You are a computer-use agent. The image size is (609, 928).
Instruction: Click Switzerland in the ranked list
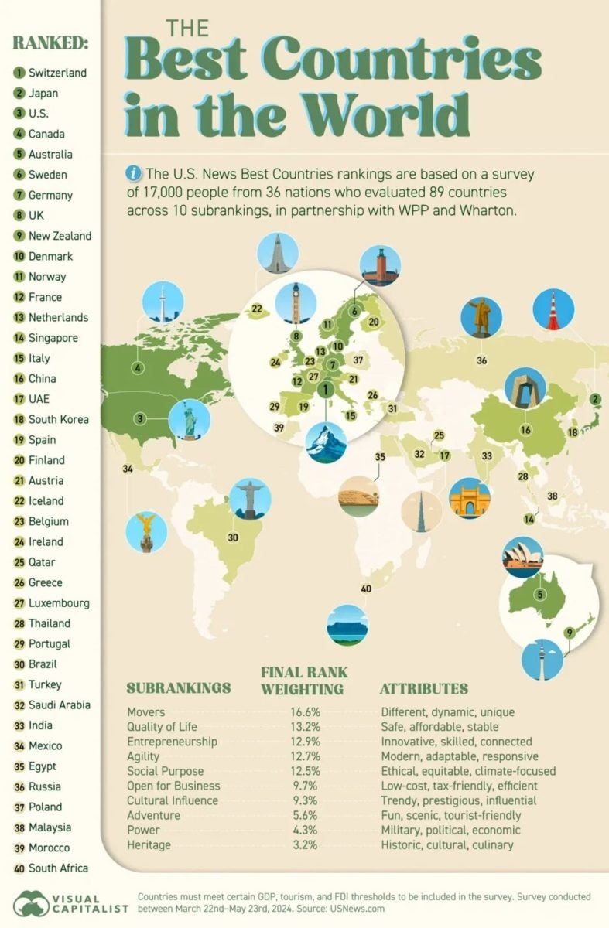(x=57, y=73)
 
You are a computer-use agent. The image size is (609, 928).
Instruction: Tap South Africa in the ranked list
(x=57, y=868)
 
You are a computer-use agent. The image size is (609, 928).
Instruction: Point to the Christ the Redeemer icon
(x=250, y=498)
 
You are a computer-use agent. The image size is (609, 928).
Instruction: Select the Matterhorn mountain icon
(x=325, y=442)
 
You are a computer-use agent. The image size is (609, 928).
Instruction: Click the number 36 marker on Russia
(x=481, y=360)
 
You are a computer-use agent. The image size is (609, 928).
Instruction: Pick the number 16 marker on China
(x=526, y=430)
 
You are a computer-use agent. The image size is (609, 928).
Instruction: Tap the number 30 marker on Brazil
(x=232, y=537)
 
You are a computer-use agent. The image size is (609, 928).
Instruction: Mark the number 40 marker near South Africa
(x=366, y=590)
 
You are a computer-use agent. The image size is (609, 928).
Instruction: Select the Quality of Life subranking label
(x=162, y=726)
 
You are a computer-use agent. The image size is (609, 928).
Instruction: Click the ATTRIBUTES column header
(x=424, y=688)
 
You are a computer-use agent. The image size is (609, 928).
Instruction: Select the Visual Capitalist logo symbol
(x=30, y=903)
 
